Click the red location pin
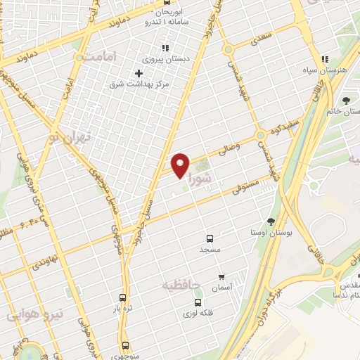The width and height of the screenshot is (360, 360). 181,165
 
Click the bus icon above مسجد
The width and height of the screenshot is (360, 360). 209,239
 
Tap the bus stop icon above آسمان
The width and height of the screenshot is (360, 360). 222,277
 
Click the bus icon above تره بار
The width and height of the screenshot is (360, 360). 123,297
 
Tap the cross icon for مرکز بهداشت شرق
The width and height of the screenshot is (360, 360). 139,73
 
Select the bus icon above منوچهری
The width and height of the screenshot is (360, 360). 125,345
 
